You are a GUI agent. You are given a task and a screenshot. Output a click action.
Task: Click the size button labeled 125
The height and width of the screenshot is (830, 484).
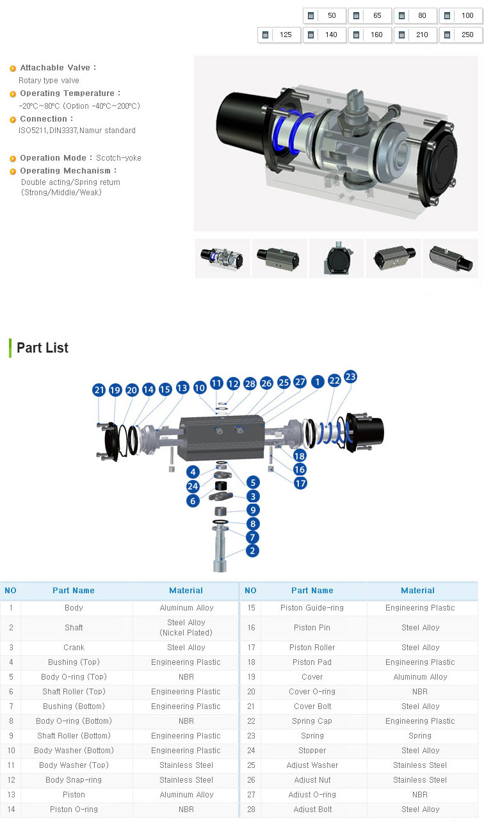click(279, 35)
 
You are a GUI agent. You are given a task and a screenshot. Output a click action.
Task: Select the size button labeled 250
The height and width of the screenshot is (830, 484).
click(461, 35)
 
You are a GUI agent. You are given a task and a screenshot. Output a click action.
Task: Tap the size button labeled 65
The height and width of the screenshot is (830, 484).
click(370, 15)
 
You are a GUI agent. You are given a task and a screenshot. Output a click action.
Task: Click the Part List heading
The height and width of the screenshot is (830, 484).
click(43, 348)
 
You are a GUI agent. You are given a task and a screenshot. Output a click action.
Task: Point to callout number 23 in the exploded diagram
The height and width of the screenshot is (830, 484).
click(350, 377)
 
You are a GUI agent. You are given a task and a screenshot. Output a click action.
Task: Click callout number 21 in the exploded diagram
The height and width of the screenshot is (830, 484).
click(99, 390)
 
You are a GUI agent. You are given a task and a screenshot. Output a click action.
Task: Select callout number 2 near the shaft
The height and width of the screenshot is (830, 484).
click(252, 550)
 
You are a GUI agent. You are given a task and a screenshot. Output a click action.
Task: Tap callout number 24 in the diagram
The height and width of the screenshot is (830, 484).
click(193, 486)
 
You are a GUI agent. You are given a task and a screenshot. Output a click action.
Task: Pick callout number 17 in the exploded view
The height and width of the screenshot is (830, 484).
click(300, 483)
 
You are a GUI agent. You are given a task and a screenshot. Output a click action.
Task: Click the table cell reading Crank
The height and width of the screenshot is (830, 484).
click(74, 648)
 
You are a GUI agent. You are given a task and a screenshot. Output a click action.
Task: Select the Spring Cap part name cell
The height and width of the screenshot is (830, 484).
click(312, 721)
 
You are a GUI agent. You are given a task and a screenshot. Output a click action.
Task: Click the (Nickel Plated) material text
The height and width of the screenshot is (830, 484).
click(186, 632)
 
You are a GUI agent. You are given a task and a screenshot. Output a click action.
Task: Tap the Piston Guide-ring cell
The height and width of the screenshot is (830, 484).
click(312, 608)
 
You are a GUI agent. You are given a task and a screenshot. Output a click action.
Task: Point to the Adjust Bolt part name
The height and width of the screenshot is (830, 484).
click(312, 810)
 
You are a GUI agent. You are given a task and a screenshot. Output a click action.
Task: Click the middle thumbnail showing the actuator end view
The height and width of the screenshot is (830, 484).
click(337, 259)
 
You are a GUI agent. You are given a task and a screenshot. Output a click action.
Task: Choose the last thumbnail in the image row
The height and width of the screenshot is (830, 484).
click(450, 259)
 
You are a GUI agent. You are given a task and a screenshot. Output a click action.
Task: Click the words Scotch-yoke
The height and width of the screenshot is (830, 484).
click(118, 158)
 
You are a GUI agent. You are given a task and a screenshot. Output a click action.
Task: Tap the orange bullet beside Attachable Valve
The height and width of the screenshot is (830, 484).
click(13, 68)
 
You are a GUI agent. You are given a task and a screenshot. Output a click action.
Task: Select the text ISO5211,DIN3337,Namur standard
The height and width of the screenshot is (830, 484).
click(77, 131)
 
